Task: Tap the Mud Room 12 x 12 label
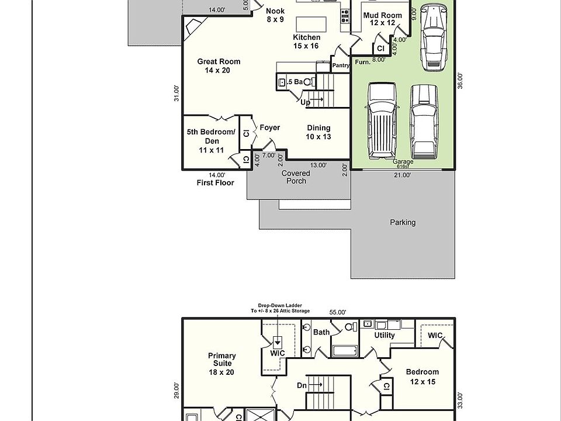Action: (x=382, y=19)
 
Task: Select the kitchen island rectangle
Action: (x=311, y=25)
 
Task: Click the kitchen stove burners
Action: (x=345, y=16)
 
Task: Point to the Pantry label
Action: (x=341, y=65)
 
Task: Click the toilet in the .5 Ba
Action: (x=309, y=82)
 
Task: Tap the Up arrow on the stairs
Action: (x=317, y=99)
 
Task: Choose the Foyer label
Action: (x=270, y=127)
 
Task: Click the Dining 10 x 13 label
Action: (x=318, y=132)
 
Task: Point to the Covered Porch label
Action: (x=296, y=177)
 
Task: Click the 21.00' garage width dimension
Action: (x=402, y=175)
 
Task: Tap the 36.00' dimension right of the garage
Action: (x=460, y=81)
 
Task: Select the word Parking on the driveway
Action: (x=403, y=222)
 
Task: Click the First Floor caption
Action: (x=216, y=183)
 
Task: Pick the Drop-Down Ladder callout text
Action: (x=280, y=308)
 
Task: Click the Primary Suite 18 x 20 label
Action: (x=222, y=364)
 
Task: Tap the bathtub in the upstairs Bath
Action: (x=345, y=351)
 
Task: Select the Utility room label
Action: (x=385, y=335)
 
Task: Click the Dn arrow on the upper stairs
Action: (x=315, y=385)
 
